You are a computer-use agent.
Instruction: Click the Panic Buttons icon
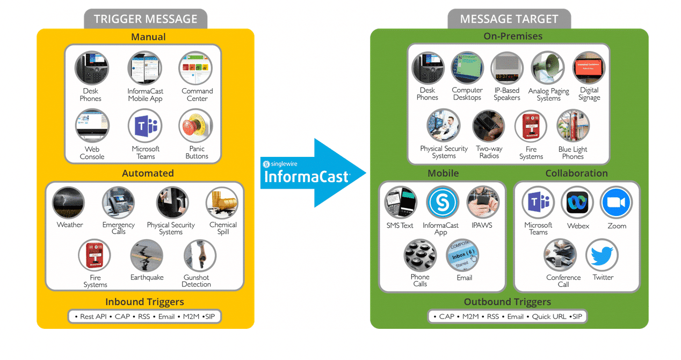[195, 126]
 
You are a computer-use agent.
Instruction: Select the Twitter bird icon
[602, 255]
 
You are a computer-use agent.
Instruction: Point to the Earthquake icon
[147, 256]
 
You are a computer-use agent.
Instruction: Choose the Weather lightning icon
[69, 203]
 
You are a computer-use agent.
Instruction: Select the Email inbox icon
[462, 255]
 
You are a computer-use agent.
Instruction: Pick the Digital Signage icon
[589, 68]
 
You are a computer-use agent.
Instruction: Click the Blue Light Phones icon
[573, 126]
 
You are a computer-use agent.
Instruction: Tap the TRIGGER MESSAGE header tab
[146, 19]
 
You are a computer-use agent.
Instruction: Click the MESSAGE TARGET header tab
[509, 19]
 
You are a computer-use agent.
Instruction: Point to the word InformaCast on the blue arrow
[307, 177]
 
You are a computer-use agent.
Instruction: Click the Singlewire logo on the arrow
[266, 163]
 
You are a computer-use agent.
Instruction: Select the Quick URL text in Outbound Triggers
[549, 316]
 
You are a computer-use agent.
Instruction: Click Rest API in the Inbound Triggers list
[93, 316]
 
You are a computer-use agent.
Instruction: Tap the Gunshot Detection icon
[199, 256]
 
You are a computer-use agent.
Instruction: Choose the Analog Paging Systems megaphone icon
[547, 68]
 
